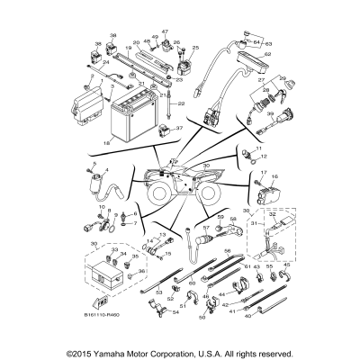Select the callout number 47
click(x=165, y=32)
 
